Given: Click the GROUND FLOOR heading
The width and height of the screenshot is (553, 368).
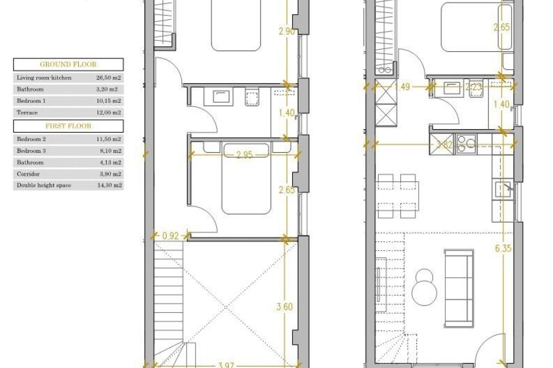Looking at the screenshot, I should [68, 64].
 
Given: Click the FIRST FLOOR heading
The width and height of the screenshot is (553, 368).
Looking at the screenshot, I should [68, 126].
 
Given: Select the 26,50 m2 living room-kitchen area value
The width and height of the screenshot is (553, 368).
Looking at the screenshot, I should [108, 78].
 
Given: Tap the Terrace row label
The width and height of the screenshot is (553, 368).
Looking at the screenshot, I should [27, 112].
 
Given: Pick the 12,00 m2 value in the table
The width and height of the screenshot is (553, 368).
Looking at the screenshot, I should [108, 112].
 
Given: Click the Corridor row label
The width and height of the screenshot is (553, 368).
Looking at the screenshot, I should [28, 174].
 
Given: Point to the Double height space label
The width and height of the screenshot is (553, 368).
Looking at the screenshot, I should [44, 185].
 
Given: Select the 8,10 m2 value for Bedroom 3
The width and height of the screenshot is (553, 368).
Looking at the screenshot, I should [109, 151].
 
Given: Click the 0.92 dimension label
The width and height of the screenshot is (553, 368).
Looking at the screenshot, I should [171, 236].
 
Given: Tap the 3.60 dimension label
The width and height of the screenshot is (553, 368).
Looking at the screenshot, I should [285, 307].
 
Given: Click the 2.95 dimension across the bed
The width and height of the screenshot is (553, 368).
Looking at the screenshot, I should [244, 155].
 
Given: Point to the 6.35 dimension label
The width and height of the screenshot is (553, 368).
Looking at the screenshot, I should [503, 248].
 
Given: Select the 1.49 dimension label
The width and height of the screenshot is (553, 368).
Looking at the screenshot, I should [402, 87].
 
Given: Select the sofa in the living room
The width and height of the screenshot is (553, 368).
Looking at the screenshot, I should [459, 288].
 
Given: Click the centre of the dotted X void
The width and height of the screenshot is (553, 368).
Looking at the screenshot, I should [226, 307].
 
